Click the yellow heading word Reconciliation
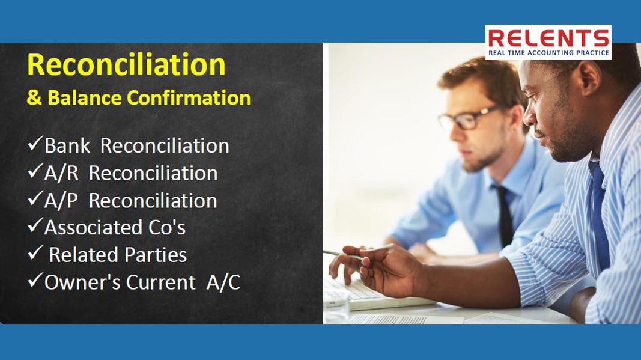[126, 65]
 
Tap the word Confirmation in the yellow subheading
[189, 98]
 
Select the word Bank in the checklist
[67, 145]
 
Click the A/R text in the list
[61, 174]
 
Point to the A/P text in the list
[61, 201]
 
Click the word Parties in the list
[156, 255]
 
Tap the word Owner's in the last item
[82, 282]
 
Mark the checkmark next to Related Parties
[35, 252]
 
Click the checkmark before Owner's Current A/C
[35, 280]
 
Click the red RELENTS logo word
[548, 38]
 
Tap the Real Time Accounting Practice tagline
[548, 53]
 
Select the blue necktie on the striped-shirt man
[598, 213]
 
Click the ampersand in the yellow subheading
[34, 98]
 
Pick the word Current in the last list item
[160, 282]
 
